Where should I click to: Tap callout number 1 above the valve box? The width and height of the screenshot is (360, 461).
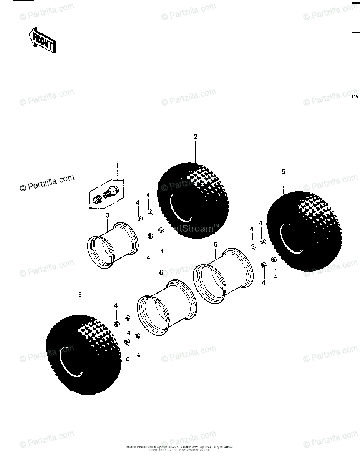pos(117,166)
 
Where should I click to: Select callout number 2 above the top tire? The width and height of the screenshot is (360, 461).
pos(196,136)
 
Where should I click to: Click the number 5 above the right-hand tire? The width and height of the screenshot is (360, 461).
pos(284,172)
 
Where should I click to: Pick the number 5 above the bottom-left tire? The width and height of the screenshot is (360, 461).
pos(80,295)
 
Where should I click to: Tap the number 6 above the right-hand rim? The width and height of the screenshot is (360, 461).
pos(216,244)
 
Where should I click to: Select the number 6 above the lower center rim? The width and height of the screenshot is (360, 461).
pos(161,272)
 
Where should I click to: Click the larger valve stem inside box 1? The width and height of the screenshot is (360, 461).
pos(112,191)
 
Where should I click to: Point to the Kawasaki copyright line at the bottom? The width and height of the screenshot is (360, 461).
pos(180,447)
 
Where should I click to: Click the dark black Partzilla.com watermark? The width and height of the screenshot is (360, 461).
pos(47,183)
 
